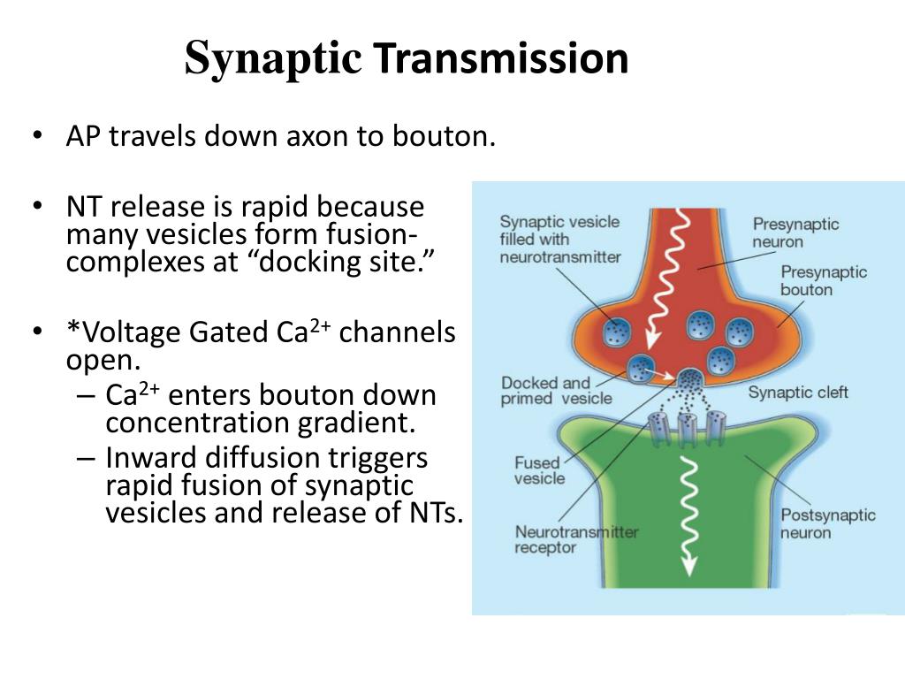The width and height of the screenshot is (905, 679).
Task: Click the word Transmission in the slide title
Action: tap(500, 58)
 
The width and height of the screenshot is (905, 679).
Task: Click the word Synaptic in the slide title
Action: tap(273, 60)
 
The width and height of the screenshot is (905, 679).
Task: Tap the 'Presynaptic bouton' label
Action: tap(823, 280)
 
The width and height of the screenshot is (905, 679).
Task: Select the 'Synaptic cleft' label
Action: tap(797, 392)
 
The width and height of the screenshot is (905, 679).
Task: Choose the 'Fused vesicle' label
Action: tap(539, 469)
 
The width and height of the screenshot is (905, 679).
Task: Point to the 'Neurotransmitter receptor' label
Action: tap(576, 539)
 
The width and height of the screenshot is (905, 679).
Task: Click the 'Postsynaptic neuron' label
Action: tap(827, 523)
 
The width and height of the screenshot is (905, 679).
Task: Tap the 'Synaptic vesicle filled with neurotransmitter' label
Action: tap(559, 239)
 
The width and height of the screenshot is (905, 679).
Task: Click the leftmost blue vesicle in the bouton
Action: tap(616, 332)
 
